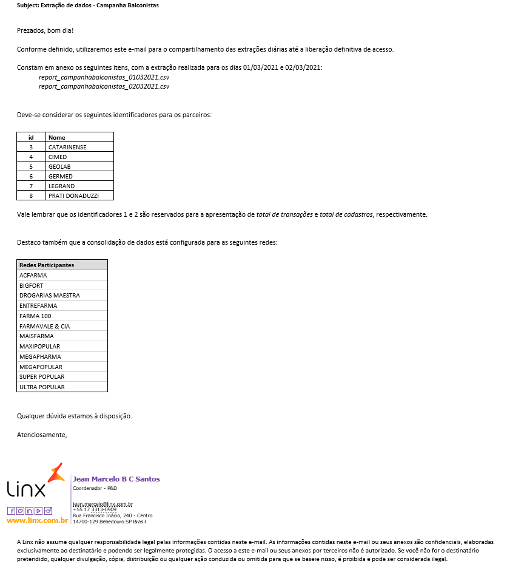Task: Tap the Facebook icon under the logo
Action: point(12,511)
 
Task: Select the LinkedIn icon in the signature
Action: point(29,511)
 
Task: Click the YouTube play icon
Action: point(38,511)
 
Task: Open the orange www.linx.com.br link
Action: point(37,520)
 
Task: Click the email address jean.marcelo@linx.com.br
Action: point(102,504)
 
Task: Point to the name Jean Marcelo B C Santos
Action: point(116,479)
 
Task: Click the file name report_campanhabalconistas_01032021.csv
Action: point(104,77)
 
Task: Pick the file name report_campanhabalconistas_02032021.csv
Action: point(104,86)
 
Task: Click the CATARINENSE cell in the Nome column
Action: point(67,147)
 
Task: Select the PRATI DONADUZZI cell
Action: point(73,195)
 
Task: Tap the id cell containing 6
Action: point(31,176)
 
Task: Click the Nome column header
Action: point(57,137)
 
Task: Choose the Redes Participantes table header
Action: point(47,265)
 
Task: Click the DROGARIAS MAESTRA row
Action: point(50,296)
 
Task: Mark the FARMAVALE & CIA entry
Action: point(44,326)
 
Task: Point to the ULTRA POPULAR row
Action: point(42,387)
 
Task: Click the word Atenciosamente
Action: point(42,435)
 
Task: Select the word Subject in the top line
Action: point(29,5)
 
